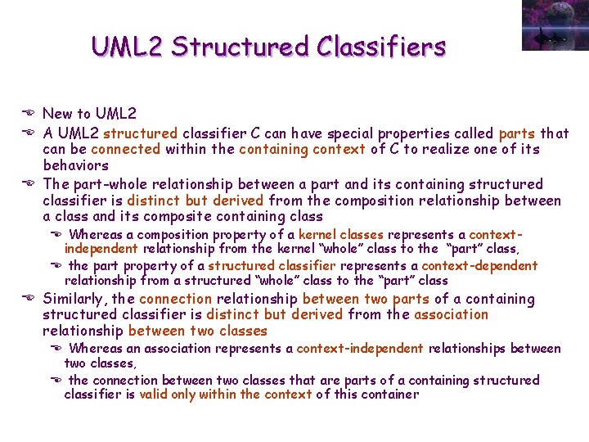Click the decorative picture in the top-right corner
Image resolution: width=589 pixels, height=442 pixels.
tap(554, 25)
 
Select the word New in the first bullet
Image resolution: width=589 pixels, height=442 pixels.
tap(57, 114)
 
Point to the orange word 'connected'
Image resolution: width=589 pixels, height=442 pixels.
tap(126, 149)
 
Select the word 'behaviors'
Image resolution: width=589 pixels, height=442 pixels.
tap(74, 165)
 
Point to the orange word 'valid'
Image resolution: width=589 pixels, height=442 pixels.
tap(154, 395)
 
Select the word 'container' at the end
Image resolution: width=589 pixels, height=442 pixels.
tap(389, 395)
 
